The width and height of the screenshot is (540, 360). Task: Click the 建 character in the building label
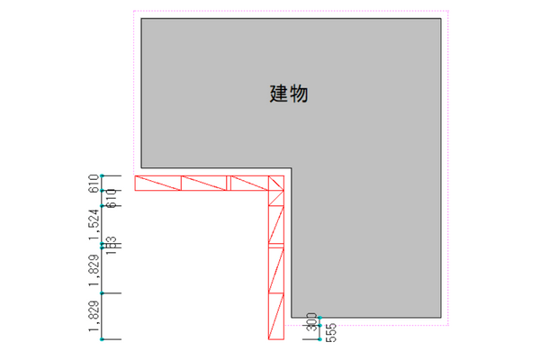click(278, 93)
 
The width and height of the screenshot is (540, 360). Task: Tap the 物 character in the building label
click(300, 93)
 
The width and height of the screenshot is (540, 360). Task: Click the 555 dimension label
click(330, 332)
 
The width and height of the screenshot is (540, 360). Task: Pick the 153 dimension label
click(112, 245)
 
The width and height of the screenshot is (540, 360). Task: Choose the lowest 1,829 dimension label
click(93, 318)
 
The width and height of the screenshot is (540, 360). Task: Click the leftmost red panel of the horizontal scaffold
click(158, 184)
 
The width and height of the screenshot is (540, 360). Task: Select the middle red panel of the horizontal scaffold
click(205, 184)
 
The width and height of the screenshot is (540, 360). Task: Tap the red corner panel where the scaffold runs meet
click(276, 184)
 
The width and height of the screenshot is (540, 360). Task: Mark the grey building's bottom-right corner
click(441, 318)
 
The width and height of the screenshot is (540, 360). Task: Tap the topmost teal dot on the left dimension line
click(103, 175)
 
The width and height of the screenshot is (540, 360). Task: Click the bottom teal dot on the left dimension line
click(103, 339)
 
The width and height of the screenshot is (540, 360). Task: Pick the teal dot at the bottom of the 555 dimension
click(319, 340)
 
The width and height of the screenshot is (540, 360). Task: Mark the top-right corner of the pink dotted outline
click(448, 11)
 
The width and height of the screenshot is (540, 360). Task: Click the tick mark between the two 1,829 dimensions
click(103, 293)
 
